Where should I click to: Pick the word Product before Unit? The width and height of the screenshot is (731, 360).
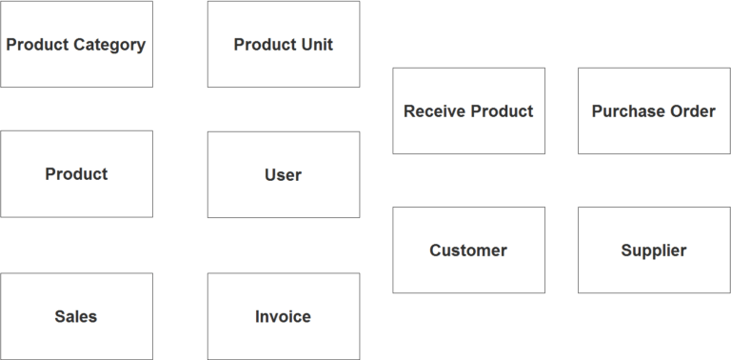click(x=265, y=45)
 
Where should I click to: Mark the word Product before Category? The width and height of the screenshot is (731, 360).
click(x=37, y=45)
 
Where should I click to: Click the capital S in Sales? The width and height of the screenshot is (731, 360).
click(x=59, y=317)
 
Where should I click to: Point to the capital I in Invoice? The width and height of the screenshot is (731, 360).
click(x=257, y=317)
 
